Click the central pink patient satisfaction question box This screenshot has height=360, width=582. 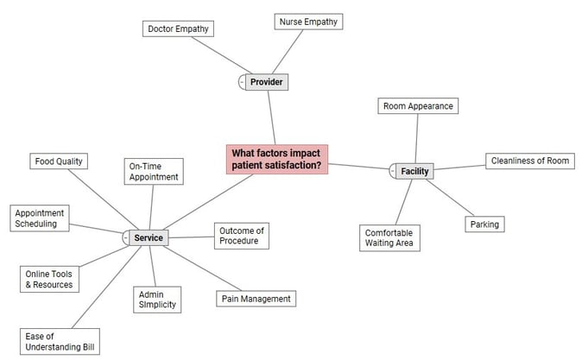click(277, 159)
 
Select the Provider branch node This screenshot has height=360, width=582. click(266, 82)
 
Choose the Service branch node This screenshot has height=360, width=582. click(149, 237)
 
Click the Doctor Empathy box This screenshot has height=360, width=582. click(178, 28)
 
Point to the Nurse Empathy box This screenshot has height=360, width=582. click(308, 22)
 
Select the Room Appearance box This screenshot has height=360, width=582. click(418, 106)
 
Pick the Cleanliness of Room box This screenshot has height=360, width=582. click(529, 161)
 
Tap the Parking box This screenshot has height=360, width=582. click(484, 224)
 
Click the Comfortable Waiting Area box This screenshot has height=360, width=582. click(389, 237)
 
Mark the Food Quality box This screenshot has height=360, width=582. click(59, 161)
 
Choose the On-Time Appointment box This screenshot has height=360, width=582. click(154, 171)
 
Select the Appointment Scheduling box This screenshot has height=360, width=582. click(39, 218)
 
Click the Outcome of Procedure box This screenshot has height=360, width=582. click(241, 236)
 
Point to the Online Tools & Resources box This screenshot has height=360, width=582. click(49, 279)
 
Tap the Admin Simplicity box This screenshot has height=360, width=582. click(158, 300)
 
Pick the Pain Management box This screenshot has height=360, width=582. click(256, 299)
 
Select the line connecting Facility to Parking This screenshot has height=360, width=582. click(450, 198)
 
